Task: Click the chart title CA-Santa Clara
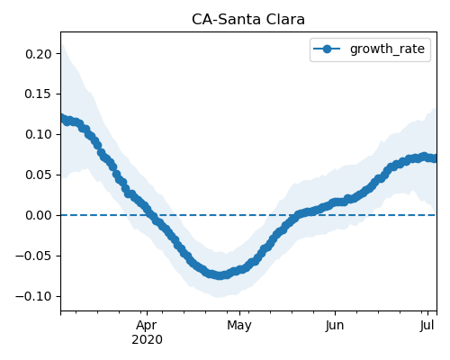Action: coord(248,20)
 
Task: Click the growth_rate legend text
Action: coord(387,49)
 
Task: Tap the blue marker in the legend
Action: coord(327,49)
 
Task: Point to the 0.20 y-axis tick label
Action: coord(39,54)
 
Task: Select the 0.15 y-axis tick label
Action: coord(39,94)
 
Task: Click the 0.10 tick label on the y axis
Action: coord(39,134)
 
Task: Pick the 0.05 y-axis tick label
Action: coord(39,175)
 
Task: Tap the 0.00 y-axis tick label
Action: coord(39,215)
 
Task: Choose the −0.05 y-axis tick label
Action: coord(34,256)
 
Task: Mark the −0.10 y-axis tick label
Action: coord(34,296)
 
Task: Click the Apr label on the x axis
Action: coord(147,326)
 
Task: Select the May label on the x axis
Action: coord(239,326)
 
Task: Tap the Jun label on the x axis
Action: coord(335,326)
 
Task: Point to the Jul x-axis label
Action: coord(427,326)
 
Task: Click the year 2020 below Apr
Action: coord(147,340)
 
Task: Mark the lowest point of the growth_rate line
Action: coord(220,275)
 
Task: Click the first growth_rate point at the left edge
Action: coord(61,118)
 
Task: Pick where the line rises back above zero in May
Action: coord(296,215)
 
